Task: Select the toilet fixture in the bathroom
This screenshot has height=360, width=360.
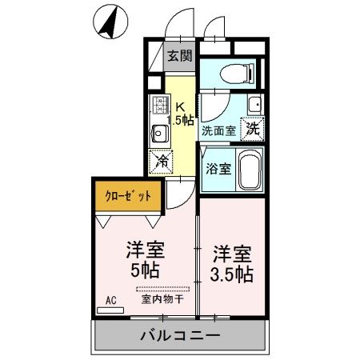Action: [x=237, y=72]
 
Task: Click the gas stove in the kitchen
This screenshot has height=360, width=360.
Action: [x=159, y=106]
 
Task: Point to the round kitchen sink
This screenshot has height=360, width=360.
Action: [x=159, y=132]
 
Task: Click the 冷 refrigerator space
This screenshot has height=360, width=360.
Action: [x=161, y=160]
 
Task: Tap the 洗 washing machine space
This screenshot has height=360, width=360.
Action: [x=252, y=128]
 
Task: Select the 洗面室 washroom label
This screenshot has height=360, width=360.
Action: [x=218, y=130]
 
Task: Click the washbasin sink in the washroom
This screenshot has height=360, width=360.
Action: [x=254, y=105]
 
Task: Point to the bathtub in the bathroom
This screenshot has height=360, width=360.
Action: [x=249, y=169]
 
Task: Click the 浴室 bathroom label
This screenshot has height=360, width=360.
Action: [x=218, y=169]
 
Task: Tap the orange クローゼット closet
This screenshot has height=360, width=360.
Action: [x=128, y=195]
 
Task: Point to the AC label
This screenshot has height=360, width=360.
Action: [x=111, y=302]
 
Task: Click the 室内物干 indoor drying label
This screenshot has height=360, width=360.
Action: [x=163, y=300]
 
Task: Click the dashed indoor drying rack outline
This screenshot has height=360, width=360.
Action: [x=163, y=288]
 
